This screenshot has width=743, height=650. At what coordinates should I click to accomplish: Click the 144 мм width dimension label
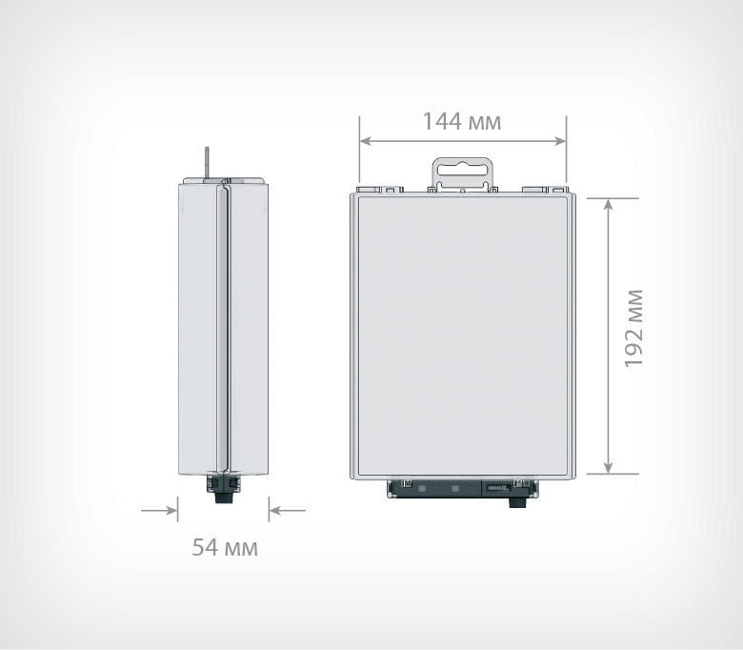coord(462,122)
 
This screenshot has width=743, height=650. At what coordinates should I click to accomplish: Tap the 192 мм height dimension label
coord(633,328)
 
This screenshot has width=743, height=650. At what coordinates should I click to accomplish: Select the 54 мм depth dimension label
coord(225,548)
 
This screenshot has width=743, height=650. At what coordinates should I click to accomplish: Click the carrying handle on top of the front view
coord(462,174)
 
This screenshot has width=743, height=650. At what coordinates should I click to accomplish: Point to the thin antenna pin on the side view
coord(207,164)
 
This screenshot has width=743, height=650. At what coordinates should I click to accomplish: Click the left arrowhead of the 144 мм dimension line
coord(366,141)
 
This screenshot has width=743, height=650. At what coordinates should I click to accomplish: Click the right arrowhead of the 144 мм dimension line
coord(560,141)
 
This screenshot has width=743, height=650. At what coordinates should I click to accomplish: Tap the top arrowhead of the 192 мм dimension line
coord(608,204)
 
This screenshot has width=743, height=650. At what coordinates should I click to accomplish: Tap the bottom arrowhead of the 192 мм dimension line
coord(608,467)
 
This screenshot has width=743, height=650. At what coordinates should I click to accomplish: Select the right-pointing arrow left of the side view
coord(159,511)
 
